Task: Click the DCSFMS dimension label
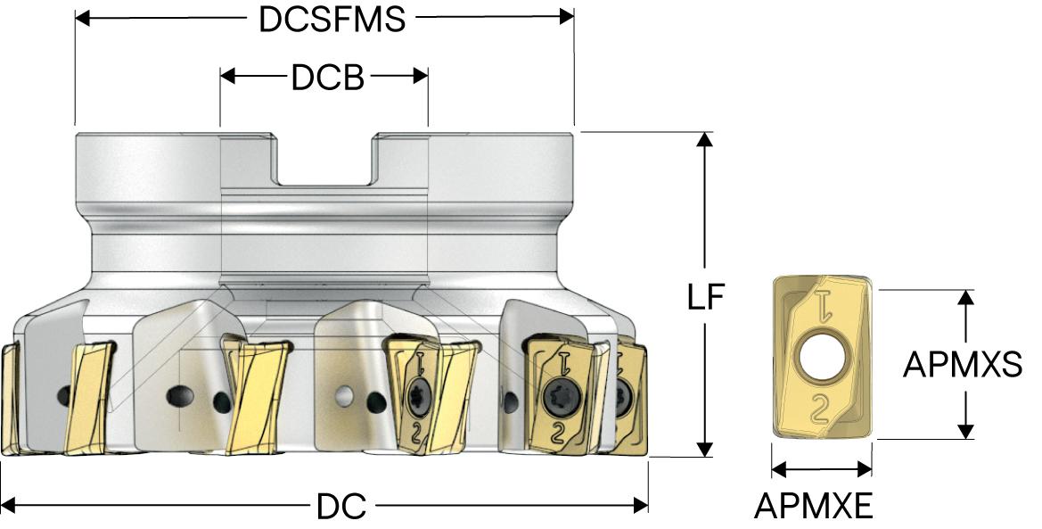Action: coord(332,19)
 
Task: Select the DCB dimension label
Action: coord(327,78)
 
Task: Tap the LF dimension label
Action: coord(705,298)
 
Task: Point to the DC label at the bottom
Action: coord(341,507)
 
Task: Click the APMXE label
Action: coord(813,507)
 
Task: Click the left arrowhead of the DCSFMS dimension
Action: coord(82,17)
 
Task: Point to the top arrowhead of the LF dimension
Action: coord(705,139)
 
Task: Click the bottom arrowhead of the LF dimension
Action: coord(705,450)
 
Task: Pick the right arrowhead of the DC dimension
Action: coord(641,506)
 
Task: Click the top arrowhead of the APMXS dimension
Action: coord(964,296)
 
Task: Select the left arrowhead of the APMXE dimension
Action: coord(777,469)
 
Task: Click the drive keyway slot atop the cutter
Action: coord(324,161)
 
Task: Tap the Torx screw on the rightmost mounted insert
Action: coord(624,394)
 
